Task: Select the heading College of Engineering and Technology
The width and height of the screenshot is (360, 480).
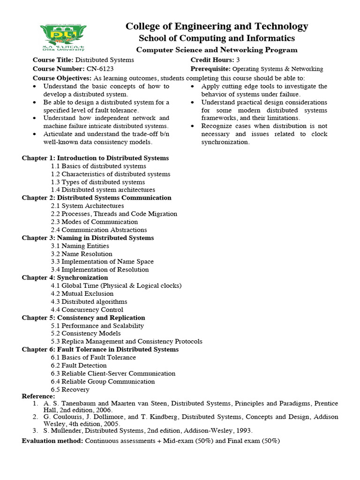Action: (x=217, y=26)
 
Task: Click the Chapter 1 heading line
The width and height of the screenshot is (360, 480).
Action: (x=95, y=158)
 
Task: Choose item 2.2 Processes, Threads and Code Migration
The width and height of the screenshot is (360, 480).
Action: (x=114, y=214)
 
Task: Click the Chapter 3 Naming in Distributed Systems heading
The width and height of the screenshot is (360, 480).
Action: (x=88, y=238)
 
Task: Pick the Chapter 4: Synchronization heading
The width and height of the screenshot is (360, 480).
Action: (x=65, y=277)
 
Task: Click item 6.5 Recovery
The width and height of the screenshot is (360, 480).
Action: (x=70, y=389)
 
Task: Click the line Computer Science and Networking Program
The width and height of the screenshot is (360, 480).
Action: (x=217, y=50)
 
